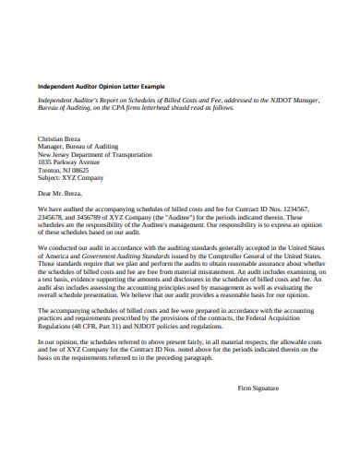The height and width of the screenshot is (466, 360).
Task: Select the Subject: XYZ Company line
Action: point(70,178)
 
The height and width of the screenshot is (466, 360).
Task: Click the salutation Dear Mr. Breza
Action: point(62,196)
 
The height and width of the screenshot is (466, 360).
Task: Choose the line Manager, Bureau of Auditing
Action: point(79,145)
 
